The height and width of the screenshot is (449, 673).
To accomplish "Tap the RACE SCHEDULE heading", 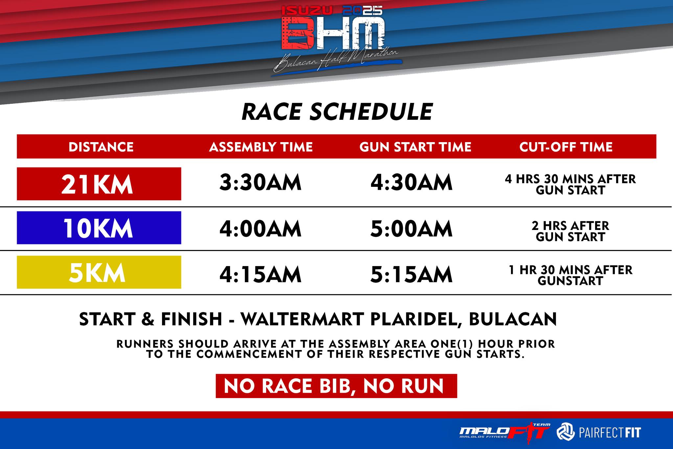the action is [x=337, y=112].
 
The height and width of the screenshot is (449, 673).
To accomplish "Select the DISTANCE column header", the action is [x=101, y=147].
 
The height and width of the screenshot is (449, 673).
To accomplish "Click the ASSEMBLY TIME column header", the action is [x=261, y=147].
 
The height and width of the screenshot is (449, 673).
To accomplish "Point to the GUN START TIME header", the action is [x=415, y=147].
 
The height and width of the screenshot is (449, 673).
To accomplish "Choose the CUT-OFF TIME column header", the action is [x=566, y=147].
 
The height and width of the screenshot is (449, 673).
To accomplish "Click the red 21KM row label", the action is [x=99, y=184].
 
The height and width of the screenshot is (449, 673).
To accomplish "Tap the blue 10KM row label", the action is [x=99, y=228].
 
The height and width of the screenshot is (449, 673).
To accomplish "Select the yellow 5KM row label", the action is [x=99, y=272].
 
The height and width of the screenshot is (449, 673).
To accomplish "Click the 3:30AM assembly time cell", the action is [x=260, y=183].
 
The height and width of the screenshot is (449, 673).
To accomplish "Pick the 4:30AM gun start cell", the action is [x=411, y=183].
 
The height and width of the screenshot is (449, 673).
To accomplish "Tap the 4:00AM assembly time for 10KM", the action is [x=260, y=229].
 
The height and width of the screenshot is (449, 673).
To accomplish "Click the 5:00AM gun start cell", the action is [x=411, y=229].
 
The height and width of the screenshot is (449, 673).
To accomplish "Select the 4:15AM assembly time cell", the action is [x=260, y=275].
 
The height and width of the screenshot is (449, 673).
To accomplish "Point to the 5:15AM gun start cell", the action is [x=411, y=275].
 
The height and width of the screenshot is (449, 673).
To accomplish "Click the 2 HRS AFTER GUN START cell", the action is [x=570, y=231].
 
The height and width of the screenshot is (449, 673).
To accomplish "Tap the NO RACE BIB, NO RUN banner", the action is [x=336, y=386].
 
